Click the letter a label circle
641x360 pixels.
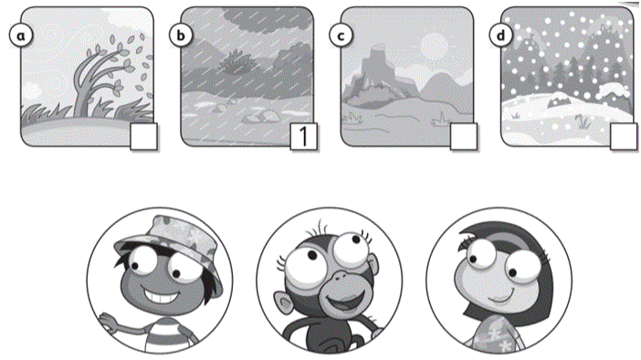[x=21, y=36]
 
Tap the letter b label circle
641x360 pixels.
[x=181, y=36]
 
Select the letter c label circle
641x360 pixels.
[x=341, y=36]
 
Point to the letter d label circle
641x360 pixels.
[x=500, y=36]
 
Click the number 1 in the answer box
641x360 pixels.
[x=303, y=137]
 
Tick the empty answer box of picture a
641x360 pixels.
[x=143, y=137]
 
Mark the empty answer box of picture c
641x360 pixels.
[x=463, y=137]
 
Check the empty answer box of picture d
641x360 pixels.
[x=623, y=137]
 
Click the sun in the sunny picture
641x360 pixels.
[x=434, y=45]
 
